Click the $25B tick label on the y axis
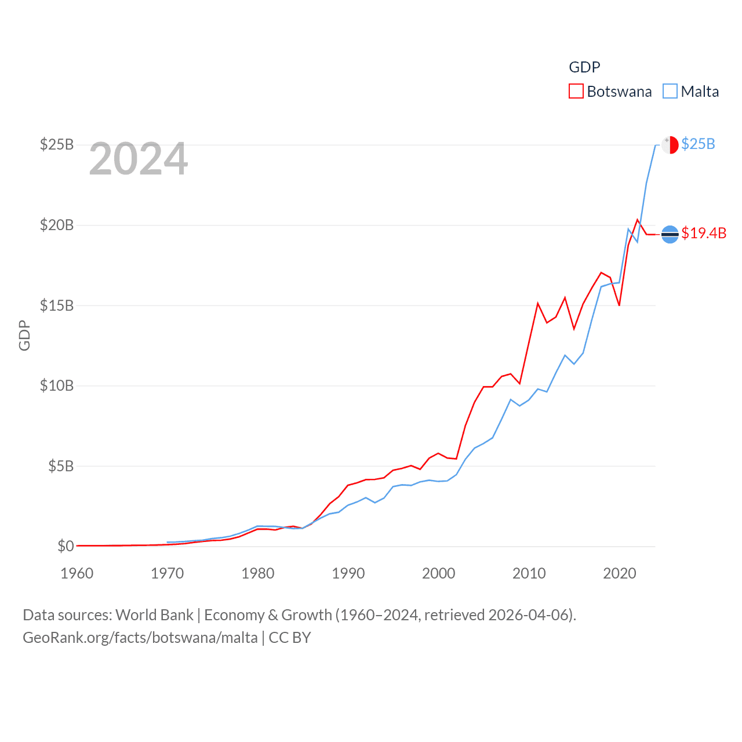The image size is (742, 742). tap(56, 144)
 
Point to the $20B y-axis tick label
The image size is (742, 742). tap(56, 225)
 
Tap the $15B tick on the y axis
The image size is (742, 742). tap(56, 305)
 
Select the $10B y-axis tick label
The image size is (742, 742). tap(56, 385)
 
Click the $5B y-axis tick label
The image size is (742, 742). tap(60, 466)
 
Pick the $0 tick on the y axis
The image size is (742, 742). tap(66, 546)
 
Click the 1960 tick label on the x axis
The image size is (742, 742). tap(77, 573)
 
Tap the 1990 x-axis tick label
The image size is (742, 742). tap(348, 573)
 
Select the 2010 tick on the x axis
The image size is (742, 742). tap(529, 573)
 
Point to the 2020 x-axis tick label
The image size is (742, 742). tap(620, 573)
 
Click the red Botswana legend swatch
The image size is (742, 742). tap(576, 92)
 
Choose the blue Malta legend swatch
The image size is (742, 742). tap(670, 92)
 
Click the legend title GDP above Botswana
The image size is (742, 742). tap(584, 67)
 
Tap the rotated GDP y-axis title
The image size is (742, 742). tap(24, 335)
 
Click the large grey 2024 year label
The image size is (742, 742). tap(139, 159)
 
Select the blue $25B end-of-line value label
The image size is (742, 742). tap(698, 144)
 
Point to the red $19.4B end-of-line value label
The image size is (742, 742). tap(704, 233)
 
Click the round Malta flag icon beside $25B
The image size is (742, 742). tap(670, 145)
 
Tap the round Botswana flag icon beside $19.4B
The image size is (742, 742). tap(670, 234)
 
